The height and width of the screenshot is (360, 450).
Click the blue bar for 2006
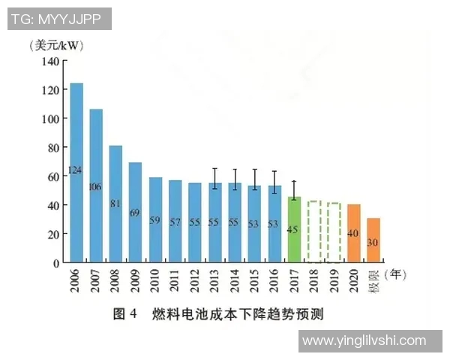76,172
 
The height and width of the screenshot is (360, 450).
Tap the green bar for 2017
294,229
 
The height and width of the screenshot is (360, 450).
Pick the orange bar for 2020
353,233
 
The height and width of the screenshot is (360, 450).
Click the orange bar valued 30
373,240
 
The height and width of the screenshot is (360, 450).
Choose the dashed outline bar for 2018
314,232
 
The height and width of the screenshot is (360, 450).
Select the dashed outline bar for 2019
334,232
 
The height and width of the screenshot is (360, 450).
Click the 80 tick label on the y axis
51,148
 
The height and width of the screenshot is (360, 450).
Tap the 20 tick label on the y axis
51,234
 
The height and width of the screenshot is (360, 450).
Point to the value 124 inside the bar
76,170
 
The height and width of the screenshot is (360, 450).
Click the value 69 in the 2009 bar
135,213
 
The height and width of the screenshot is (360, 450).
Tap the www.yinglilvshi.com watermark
362,341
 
